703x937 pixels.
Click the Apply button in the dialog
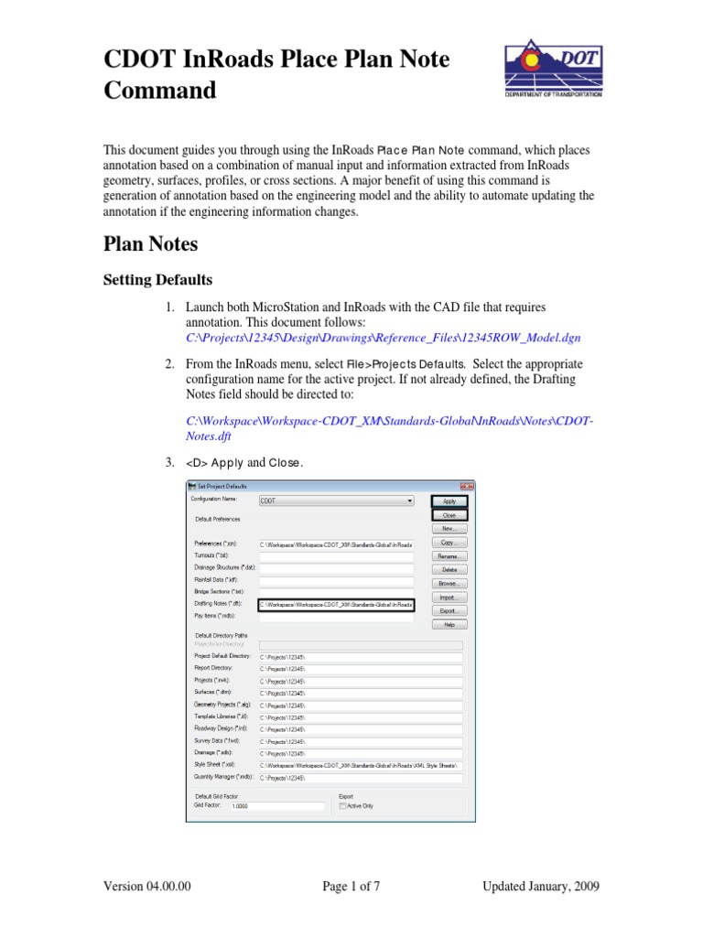[x=449, y=501]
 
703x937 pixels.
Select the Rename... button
[x=449, y=555]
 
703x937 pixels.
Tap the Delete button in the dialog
[x=449, y=569]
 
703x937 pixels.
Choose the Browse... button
[x=449, y=583]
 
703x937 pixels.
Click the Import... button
[x=449, y=597]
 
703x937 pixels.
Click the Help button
[x=449, y=624]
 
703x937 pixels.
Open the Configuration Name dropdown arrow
[x=409, y=501]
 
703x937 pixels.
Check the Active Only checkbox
[x=342, y=806]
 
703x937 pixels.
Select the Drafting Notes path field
[x=335, y=605]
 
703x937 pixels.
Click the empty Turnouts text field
[x=335, y=556]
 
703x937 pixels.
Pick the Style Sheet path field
[x=360, y=764]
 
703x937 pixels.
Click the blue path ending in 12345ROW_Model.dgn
[x=383, y=338]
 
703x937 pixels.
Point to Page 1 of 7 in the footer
[x=351, y=886]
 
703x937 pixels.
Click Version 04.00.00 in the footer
[x=147, y=886]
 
